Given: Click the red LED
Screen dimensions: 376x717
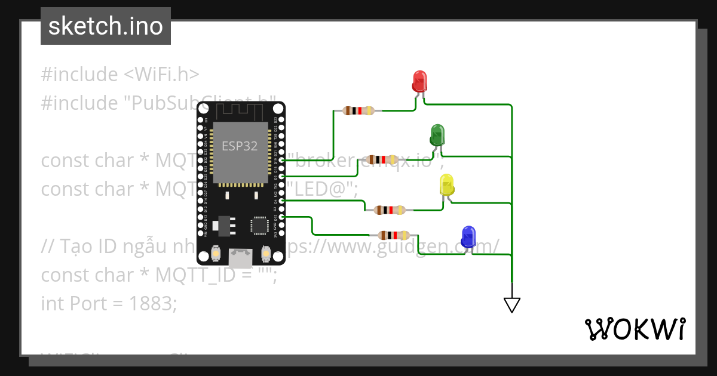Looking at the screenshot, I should click(x=420, y=81).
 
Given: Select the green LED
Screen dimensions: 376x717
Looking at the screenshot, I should click(x=437, y=134).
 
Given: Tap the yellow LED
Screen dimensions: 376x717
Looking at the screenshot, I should click(x=446, y=184).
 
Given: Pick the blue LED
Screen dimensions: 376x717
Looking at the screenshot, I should click(x=468, y=236).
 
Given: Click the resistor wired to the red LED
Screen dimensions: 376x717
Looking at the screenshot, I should click(x=358, y=110).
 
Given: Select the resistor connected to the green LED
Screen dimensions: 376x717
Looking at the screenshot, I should click(x=381, y=159).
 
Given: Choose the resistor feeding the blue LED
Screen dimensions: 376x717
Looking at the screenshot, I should click(x=394, y=235).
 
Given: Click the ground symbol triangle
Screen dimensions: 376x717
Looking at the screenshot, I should click(x=511, y=305).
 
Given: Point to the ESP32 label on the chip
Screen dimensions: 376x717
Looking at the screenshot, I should click(x=240, y=146).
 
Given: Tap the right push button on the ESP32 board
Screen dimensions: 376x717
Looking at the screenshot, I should click(x=266, y=255).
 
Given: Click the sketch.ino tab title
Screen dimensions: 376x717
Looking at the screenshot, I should click(x=106, y=26).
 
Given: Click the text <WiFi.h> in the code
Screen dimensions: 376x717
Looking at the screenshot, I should click(x=161, y=75).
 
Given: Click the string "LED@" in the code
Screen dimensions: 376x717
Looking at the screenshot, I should click(x=322, y=189).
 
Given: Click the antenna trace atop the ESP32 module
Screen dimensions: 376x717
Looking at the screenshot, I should click(x=240, y=111).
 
